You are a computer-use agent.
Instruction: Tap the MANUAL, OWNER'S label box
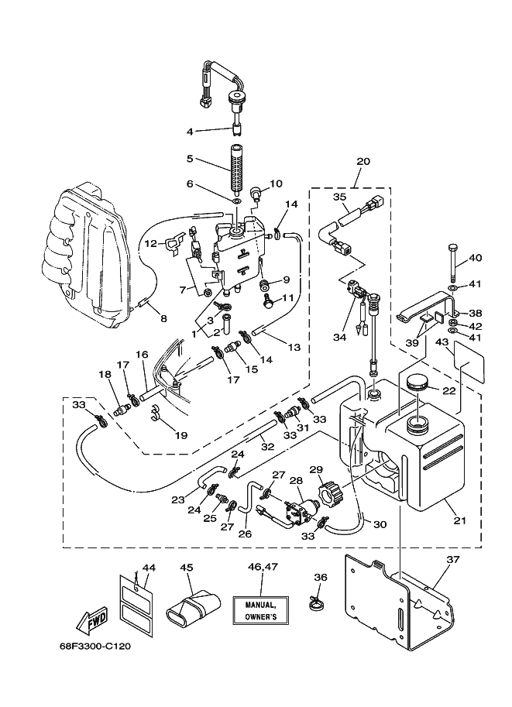pos(261,610)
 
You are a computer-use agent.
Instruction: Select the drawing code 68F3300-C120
pos(95,646)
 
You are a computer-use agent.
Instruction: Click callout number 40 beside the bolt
pos(476,257)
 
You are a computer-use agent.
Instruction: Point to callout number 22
pos(448,391)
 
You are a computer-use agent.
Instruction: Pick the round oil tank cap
pos(418,384)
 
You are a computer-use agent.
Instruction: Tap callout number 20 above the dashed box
pos(363,161)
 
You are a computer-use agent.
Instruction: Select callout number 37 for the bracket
pos(453,560)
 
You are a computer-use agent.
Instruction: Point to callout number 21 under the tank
pos(459,520)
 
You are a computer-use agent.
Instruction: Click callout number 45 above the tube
pos(187,567)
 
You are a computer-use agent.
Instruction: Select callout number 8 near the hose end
pos(163,319)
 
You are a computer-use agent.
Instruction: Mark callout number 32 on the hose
pos(267,447)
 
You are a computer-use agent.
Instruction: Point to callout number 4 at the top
pos(190,132)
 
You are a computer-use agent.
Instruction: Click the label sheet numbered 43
pos(469,361)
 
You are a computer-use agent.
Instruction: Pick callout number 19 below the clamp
pos(181,435)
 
